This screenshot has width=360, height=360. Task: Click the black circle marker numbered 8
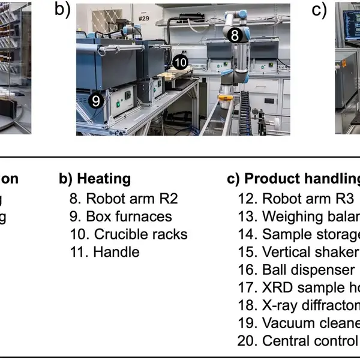click(236, 35)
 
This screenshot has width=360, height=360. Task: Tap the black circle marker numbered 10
click(181, 62)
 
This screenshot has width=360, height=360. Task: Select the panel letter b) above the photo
click(63, 10)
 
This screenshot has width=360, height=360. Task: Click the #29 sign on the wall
click(142, 19)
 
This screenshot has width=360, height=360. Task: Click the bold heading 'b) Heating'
click(95, 179)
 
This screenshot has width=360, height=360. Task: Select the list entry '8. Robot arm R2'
click(124, 198)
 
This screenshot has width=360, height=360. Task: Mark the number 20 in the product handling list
click(247, 341)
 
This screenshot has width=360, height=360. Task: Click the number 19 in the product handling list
click(247, 323)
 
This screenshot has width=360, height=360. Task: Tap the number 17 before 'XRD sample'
click(247, 287)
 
